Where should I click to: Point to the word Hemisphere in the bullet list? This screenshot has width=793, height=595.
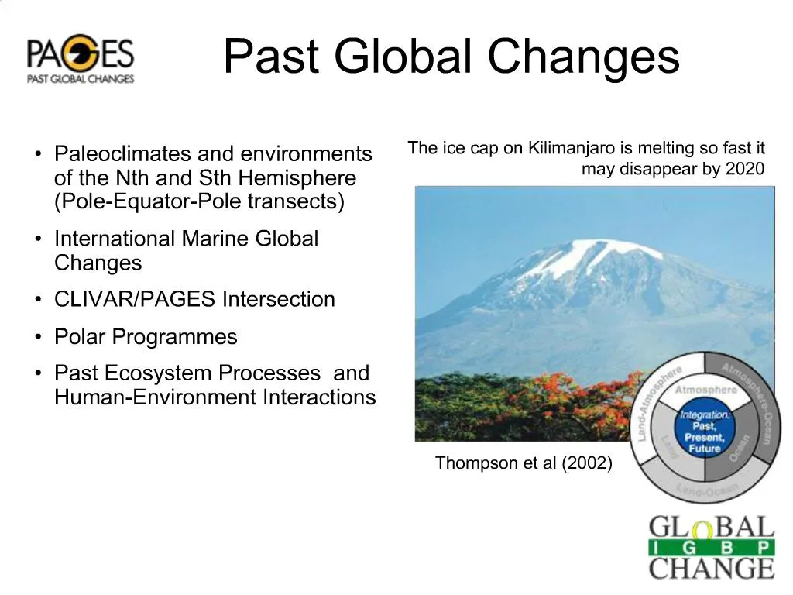(x=297, y=178)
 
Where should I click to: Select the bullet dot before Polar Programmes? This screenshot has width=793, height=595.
(x=37, y=337)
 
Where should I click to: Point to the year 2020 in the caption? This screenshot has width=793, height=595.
(x=745, y=169)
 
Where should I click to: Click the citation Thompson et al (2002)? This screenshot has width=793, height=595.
(x=524, y=463)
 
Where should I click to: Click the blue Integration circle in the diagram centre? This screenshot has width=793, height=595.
(x=705, y=432)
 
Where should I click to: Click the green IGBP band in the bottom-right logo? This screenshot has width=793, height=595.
(x=711, y=548)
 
